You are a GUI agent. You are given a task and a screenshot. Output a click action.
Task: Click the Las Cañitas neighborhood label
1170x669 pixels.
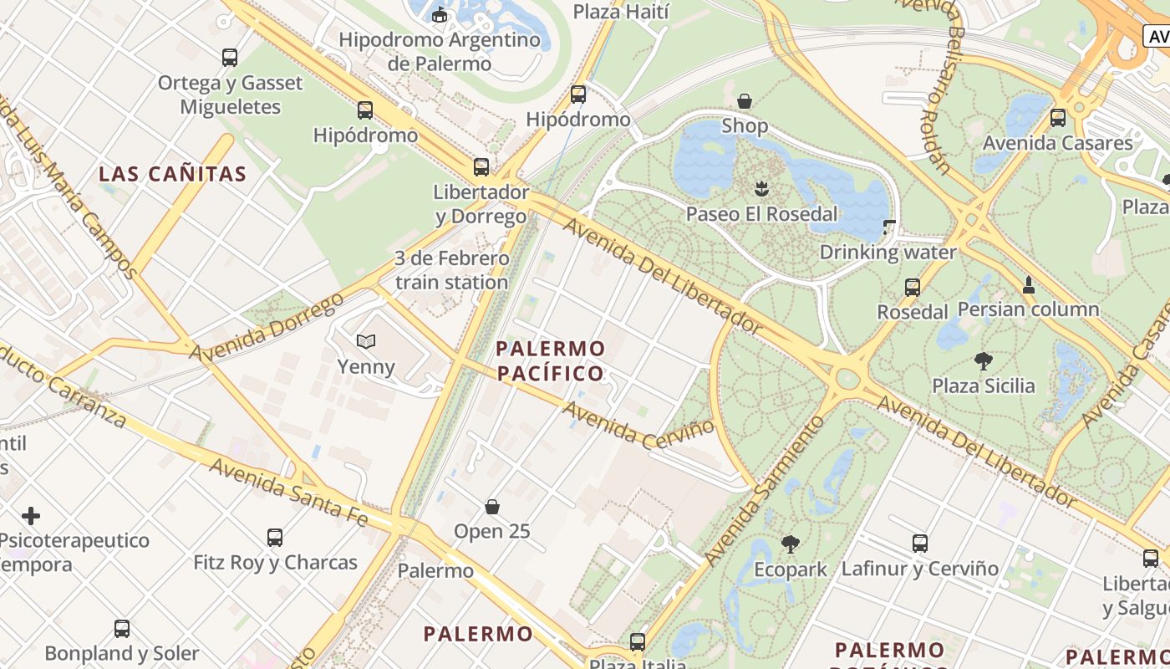[x=173, y=174]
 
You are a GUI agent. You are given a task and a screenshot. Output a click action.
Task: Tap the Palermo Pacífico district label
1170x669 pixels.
[x=550, y=360]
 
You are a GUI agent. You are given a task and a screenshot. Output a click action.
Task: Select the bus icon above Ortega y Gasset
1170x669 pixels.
[x=230, y=58]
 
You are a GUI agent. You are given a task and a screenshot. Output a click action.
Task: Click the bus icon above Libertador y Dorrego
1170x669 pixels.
[x=481, y=166]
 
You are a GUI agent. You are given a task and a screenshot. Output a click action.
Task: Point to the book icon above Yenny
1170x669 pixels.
[x=366, y=341]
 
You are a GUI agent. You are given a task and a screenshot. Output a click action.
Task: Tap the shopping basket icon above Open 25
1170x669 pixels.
[x=492, y=507]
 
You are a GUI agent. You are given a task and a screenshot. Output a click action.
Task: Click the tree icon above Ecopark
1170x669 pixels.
[x=790, y=544]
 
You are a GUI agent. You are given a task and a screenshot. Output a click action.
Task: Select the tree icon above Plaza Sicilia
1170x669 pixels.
[x=984, y=361]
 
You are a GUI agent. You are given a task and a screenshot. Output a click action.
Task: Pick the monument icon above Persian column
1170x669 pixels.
[x=1029, y=284]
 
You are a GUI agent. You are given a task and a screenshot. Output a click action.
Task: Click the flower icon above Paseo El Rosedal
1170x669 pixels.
[x=761, y=188]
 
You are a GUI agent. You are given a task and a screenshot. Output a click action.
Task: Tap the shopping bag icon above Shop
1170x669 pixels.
[x=745, y=101]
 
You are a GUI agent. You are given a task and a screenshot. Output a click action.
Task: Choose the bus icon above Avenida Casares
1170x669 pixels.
[x=1058, y=118]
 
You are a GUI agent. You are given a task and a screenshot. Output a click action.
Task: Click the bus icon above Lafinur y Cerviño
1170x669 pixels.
[x=920, y=544]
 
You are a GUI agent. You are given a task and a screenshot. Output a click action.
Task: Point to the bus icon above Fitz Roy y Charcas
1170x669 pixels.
[x=275, y=538]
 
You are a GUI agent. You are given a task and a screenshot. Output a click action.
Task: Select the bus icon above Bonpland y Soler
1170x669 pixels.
[x=122, y=628]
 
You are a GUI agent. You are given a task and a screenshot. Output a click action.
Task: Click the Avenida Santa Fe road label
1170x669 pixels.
[x=288, y=493]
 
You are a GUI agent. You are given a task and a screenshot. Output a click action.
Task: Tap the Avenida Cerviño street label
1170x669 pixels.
[x=639, y=425]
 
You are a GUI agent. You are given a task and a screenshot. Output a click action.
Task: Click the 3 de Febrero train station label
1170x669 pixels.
[x=452, y=270]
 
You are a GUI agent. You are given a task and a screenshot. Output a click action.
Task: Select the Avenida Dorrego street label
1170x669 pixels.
[x=266, y=327]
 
